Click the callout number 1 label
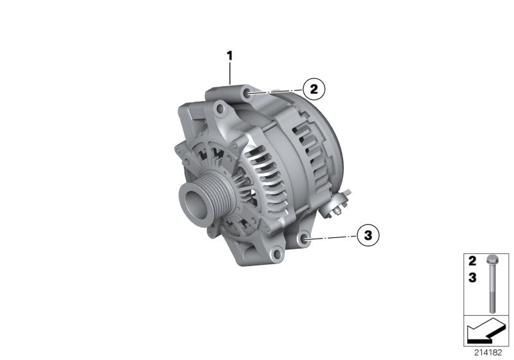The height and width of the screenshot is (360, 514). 229,56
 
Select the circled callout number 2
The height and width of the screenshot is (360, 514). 314,89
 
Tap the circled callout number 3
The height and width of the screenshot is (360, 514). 368,236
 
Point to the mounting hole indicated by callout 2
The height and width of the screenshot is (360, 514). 248,94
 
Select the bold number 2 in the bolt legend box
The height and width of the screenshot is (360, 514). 472,262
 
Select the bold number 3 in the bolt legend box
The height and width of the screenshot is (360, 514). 472,278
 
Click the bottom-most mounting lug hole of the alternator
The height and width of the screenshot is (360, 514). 277,256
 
